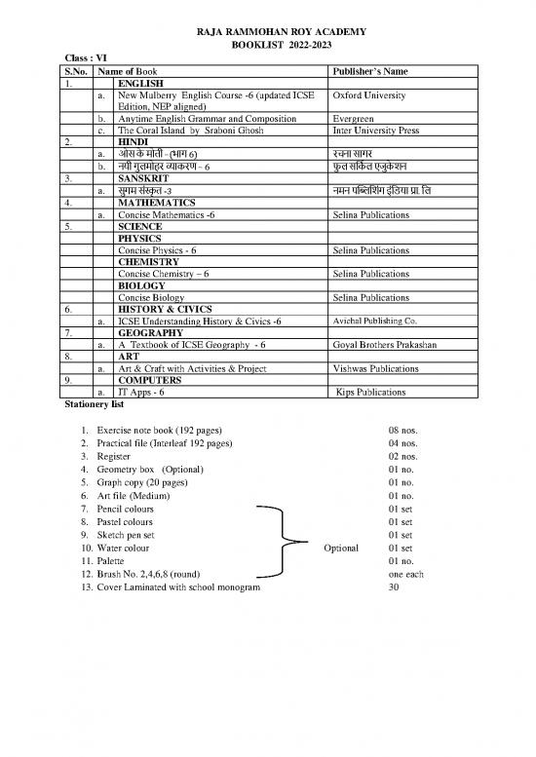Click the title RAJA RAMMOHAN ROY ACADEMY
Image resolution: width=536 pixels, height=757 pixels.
click(x=267, y=32)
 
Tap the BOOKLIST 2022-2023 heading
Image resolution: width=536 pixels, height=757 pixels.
click(x=267, y=46)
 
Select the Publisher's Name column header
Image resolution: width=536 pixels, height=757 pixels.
click(x=369, y=72)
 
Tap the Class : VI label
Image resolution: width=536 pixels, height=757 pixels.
click(x=82, y=59)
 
